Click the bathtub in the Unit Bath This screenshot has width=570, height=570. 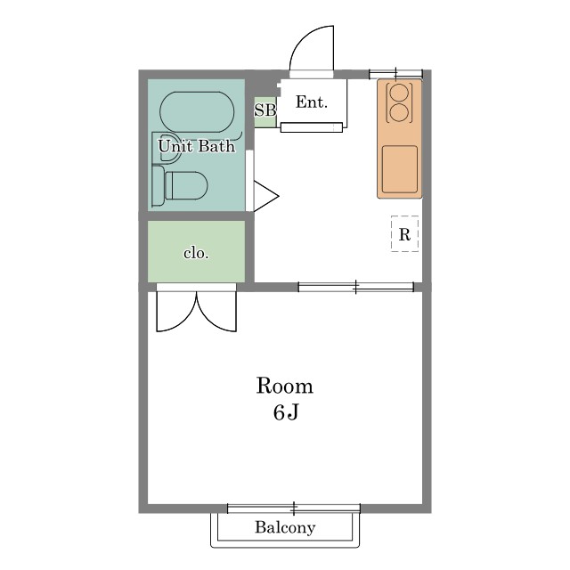[x=197, y=112]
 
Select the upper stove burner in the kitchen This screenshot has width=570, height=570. [x=399, y=92]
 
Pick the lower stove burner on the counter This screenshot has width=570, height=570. [x=399, y=113]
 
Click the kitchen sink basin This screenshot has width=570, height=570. [x=400, y=169]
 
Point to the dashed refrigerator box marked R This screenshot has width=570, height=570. [x=404, y=233]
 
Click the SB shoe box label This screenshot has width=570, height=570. [x=265, y=110]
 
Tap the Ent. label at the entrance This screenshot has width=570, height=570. [x=312, y=102]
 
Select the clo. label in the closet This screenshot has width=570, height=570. [x=196, y=253]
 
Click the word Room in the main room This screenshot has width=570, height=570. [x=285, y=386]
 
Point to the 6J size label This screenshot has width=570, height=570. [x=286, y=412]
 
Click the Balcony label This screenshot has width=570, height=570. [x=285, y=527]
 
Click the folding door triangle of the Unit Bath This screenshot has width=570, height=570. [x=265, y=196]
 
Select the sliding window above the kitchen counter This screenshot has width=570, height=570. [x=395, y=74]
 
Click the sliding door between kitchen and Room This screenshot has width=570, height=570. [x=356, y=287]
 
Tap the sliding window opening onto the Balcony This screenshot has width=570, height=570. [x=294, y=509]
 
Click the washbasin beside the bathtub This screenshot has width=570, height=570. [x=167, y=148]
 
